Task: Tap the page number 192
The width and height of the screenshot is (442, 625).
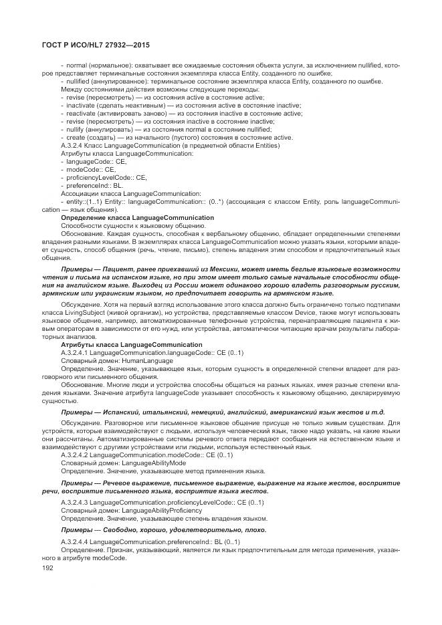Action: pos(47,568)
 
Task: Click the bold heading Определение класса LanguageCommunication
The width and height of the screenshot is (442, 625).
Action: pos(137,218)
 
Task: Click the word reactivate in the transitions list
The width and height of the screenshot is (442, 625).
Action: pos(80,114)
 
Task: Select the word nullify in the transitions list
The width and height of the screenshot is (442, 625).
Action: pos(75,130)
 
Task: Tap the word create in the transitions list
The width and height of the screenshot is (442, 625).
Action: pos(75,138)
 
